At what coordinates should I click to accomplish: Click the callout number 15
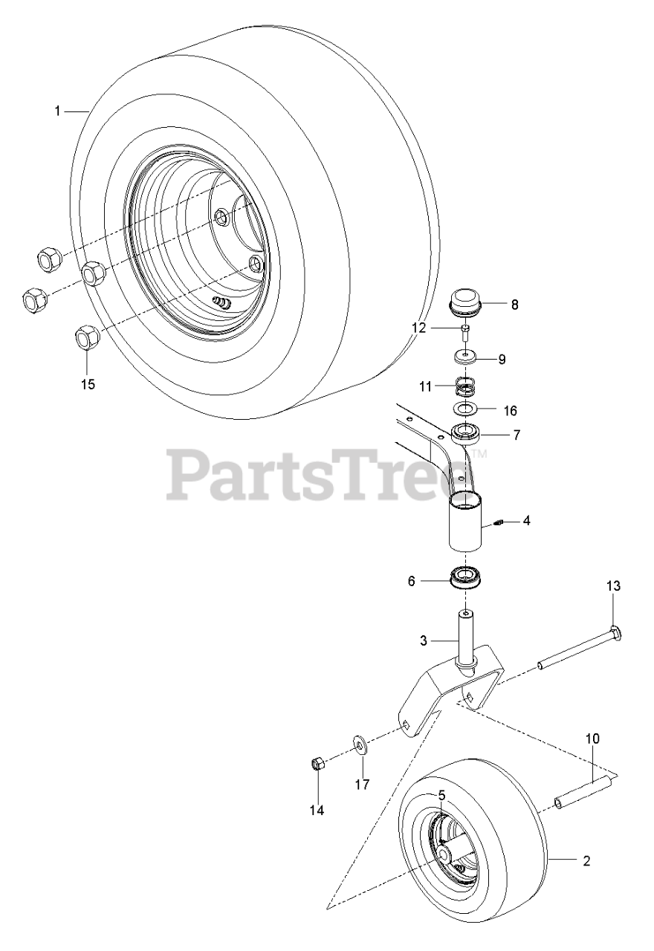click(88, 384)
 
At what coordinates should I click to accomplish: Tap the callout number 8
click(515, 305)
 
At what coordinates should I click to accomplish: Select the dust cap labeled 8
click(466, 302)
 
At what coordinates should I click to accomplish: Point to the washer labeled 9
click(466, 357)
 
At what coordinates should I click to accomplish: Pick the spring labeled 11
click(467, 386)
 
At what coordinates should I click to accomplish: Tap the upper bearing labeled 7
click(466, 433)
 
